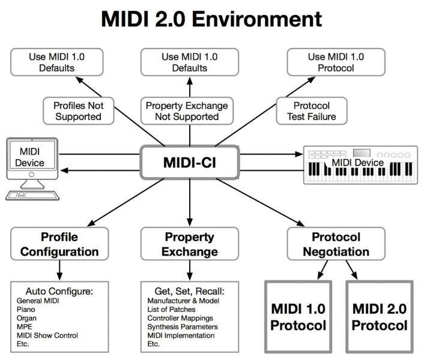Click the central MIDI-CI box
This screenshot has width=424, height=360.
[x=189, y=162]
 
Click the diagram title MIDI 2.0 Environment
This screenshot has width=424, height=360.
[x=211, y=19]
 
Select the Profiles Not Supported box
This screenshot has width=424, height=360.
[x=78, y=111]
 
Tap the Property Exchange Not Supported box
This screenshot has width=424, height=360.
[x=187, y=111]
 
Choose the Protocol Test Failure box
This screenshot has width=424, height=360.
[x=310, y=111]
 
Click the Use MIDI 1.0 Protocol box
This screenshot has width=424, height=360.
[x=328, y=62]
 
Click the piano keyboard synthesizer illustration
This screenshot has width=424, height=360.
[x=359, y=165]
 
